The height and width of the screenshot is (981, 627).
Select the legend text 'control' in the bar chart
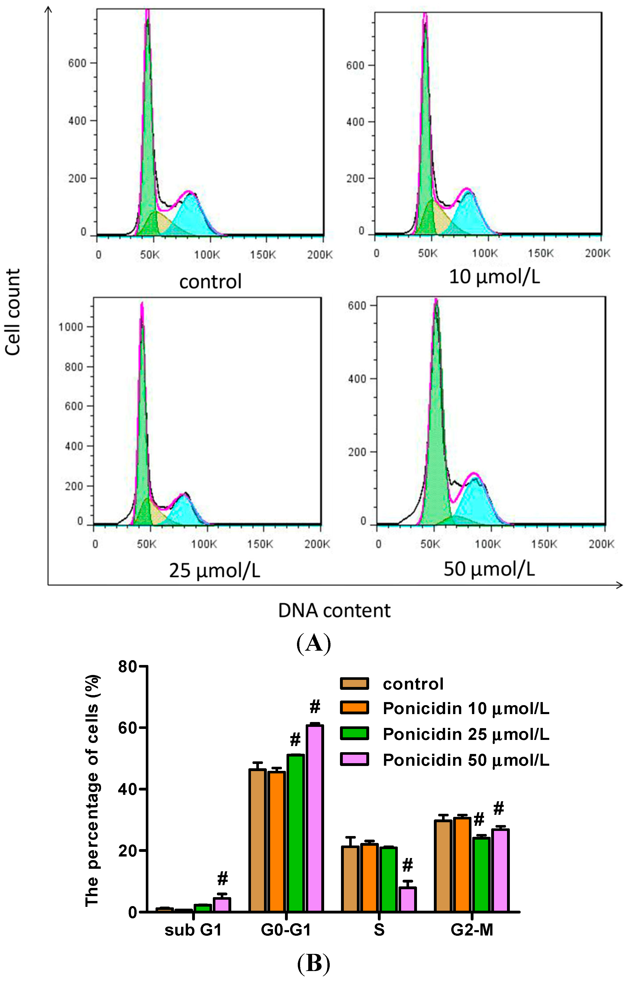[x=413, y=684]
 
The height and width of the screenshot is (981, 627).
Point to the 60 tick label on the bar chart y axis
[x=128, y=728]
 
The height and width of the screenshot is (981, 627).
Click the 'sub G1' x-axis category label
[x=193, y=930]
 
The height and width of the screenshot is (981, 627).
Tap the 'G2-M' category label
[x=472, y=930]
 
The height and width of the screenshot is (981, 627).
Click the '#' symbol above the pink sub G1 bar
[x=222, y=879]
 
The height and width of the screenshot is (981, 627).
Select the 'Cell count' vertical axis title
[x=13, y=312]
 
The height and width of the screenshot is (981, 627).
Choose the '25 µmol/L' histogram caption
[x=214, y=571]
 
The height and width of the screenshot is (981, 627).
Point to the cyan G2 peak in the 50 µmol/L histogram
[x=475, y=501]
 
